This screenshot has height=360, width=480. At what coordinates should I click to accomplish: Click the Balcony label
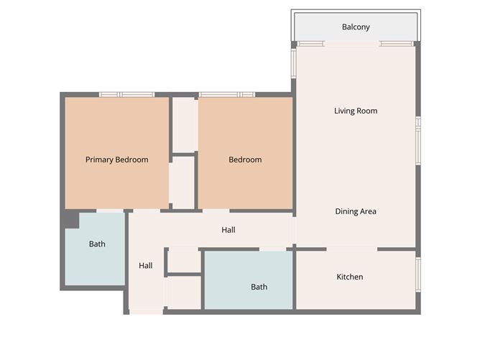tap(356, 27)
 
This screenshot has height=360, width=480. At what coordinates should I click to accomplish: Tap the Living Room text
tap(356, 111)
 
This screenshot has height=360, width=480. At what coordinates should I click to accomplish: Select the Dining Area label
tap(356, 211)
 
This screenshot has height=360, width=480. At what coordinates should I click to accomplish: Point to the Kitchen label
tap(350, 277)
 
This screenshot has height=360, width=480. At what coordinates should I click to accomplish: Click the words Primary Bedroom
tap(116, 160)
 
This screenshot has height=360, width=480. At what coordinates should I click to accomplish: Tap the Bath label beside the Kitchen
tap(259, 287)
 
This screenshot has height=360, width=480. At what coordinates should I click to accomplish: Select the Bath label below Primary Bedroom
tap(97, 244)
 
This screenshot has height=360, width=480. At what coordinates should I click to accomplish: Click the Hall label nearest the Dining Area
tap(229, 230)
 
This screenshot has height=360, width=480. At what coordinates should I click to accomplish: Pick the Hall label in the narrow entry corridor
tap(146, 265)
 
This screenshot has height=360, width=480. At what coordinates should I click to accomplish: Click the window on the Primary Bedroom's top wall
tap(126, 94)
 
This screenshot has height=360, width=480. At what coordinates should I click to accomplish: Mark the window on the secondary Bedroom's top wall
tap(226, 94)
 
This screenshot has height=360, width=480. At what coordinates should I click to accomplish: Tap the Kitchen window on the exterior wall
tap(418, 274)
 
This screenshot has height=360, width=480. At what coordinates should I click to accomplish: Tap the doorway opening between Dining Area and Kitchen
tap(352, 249)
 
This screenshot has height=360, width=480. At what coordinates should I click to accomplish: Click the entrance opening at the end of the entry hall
tap(146, 312)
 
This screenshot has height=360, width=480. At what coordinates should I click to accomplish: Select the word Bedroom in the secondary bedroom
tap(245, 160)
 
